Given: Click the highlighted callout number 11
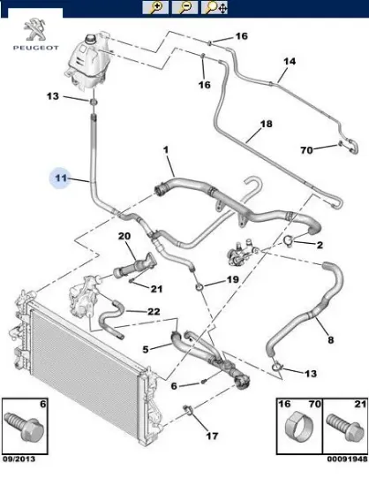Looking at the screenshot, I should [x=60, y=178].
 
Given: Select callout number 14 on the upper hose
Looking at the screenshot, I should [x=287, y=62].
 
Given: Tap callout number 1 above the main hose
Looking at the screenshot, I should [x=164, y=151].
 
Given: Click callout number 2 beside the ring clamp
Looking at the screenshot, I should [x=320, y=245].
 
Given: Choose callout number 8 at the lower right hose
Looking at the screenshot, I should [x=330, y=338].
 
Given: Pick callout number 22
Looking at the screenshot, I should [x=153, y=311].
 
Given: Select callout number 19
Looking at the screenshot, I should [x=232, y=280].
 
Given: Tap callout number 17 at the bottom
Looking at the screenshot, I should [x=212, y=436].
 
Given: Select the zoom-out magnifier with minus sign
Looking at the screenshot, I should [x=184, y=9].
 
